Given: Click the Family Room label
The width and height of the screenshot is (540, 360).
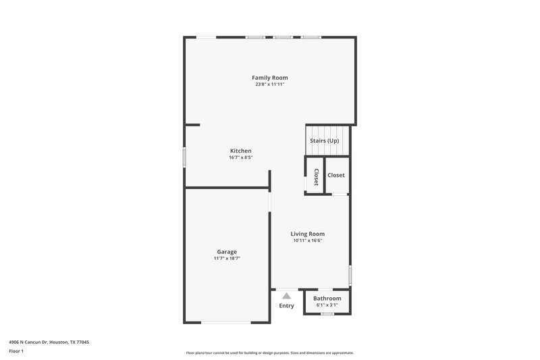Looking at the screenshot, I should click(x=270, y=78).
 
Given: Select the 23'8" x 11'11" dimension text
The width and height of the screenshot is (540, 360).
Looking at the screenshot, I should click(x=270, y=85).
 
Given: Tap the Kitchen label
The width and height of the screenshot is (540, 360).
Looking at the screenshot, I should click(x=240, y=151).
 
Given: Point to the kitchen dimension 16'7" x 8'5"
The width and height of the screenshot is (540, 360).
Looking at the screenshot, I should click(x=240, y=158).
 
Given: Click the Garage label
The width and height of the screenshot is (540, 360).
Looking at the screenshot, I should click(x=227, y=251).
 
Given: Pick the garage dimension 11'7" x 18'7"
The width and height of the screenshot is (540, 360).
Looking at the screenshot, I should click(x=227, y=259).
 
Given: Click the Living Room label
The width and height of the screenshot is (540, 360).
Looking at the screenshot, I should click(x=308, y=234).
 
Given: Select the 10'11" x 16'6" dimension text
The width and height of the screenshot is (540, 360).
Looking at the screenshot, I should click(x=308, y=241).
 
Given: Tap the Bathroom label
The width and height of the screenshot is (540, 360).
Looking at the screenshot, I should click(x=327, y=299).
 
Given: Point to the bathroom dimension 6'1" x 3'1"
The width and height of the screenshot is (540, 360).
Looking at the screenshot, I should click(x=327, y=305).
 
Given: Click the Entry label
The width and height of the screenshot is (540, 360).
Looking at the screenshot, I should click(x=286, y=306).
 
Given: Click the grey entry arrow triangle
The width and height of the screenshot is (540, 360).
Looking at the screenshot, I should click(x=286, y=295).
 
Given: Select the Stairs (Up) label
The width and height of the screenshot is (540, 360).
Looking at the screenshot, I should click(x=324, y=140).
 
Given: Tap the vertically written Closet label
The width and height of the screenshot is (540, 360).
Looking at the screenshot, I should click(x=315, y=176).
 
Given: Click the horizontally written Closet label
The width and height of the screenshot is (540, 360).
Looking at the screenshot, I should click(x=336, y=175).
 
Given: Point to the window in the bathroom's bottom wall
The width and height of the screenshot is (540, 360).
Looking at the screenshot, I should click(x=327, y=314).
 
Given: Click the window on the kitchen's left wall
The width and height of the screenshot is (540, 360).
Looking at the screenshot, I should click(x=184, y=157).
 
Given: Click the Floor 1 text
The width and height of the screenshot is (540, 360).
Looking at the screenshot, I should click(x=16, y=352).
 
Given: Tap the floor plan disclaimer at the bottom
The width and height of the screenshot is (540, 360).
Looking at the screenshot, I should click(x=270, y=353).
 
